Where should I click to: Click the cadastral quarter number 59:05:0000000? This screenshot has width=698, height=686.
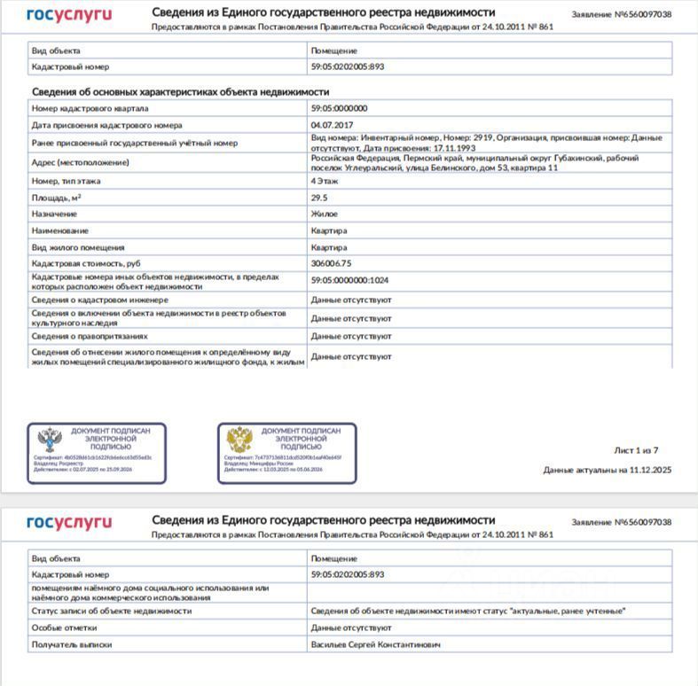pyautogui.click(x=339, y=108)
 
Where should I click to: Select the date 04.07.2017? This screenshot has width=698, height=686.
pyautogui.click(x=332, y=125)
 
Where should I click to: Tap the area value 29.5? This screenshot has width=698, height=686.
pyautogui.click(x=319, y=198)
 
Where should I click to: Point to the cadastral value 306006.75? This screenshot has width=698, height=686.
pyautogui.click(x=331, y=263)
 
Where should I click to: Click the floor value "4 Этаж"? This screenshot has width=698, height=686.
pyautogui.click(x=325, y=181)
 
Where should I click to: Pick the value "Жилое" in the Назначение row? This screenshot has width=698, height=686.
pyautogui.click(x=324, y=214)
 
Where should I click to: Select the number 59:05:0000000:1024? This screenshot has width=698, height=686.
pyautogui.click(x=349, y=280)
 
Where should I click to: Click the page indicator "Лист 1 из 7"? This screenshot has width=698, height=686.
pyautogui.click(x=636, y=450)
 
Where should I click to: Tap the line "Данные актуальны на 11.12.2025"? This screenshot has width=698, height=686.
pyautogui.click(x=607, y=470)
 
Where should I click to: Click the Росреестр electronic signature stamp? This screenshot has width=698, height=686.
pyautogui.click(x=96, y=453)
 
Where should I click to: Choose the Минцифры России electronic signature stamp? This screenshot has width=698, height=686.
pyautogui.click(x=286, y=453)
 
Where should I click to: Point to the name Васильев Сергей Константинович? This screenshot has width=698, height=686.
pyautogui.click(x=375, y=644)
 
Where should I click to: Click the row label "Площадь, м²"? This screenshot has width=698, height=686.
pyautogui.click(x=57, y=198)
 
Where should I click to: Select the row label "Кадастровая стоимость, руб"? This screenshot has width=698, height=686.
pyautogui.click(x=86, y=263)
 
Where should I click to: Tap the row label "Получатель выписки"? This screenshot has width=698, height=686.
pyautogui.click(x=72, y=644)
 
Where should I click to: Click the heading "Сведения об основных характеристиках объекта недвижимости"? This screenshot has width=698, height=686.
pyautogui.click(x=181, y=91)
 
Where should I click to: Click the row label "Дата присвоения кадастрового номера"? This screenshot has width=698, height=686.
pyautogui.click(x=106, y=125)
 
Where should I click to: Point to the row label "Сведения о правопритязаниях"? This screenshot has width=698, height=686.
pyautogui.click(x=90, y=336)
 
